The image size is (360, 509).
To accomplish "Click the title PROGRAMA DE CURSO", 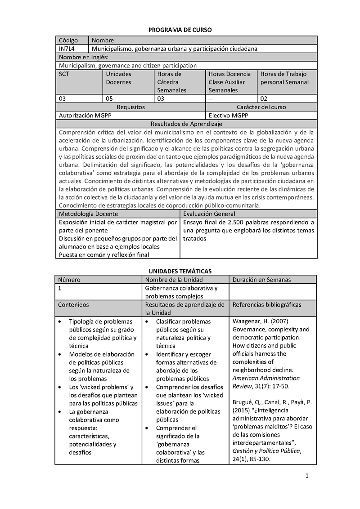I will [180, 29].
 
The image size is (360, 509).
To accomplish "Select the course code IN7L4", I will [67, 49].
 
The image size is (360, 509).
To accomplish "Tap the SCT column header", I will [64, 74].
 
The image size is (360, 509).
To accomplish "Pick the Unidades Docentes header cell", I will [118, 78].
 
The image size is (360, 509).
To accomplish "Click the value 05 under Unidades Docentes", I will [110, 98].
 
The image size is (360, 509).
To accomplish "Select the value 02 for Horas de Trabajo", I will [264, 98].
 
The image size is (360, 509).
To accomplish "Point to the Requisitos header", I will [130, 107].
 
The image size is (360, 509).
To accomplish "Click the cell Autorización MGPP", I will [85, 115].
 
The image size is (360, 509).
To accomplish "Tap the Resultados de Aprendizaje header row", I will [186, 124].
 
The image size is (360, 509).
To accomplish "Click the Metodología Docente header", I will [88, 214].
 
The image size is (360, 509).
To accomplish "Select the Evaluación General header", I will [209, 214].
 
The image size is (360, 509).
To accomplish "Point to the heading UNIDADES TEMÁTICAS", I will [180, 271].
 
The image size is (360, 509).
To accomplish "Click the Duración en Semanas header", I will [261, 280].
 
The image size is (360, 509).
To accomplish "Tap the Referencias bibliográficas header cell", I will [267, 304].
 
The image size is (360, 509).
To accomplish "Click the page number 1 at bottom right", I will [306, 477].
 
